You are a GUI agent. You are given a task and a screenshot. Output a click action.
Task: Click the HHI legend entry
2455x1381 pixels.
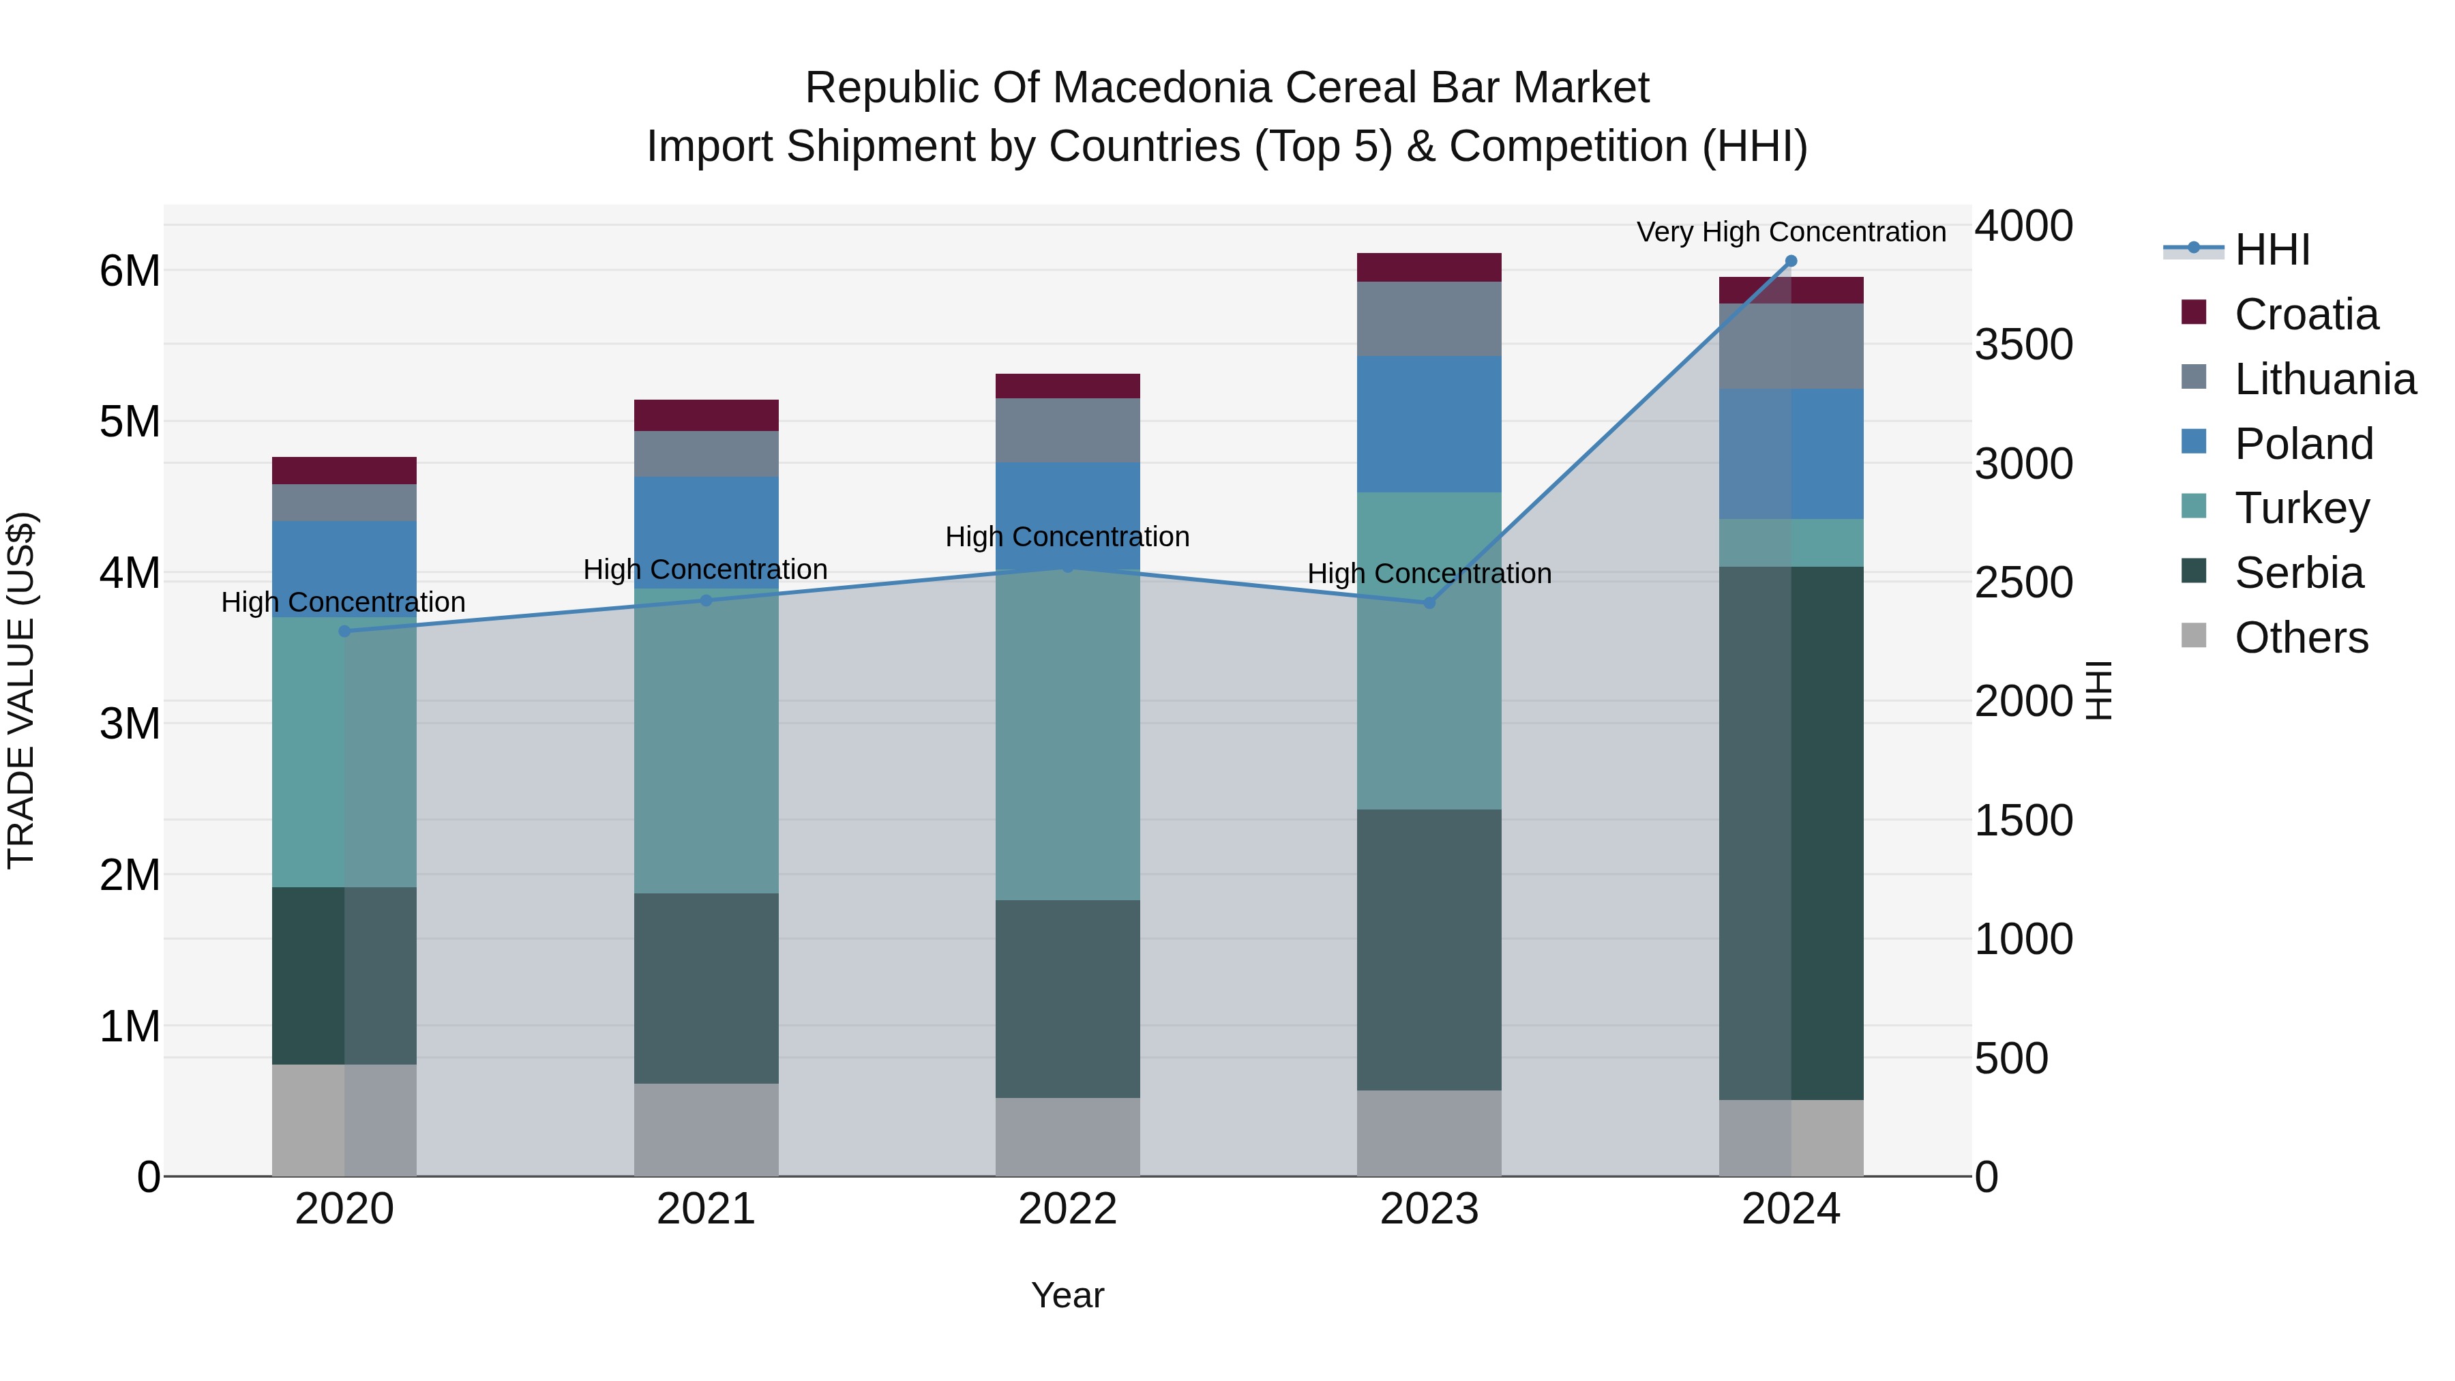point(2272,250)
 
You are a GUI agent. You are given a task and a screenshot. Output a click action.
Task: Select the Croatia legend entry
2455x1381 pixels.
point(2306,314)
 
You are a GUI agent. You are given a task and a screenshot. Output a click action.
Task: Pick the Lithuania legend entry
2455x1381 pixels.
point(2325,379)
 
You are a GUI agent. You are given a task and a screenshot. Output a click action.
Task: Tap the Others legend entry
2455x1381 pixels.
point(2301,638)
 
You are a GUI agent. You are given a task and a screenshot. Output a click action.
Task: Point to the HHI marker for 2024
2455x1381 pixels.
point(1791,261)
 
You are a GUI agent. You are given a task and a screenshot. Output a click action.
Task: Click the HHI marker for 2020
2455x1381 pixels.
point(344,631)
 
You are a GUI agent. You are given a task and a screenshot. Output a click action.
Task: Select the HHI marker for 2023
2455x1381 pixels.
point(1429,602)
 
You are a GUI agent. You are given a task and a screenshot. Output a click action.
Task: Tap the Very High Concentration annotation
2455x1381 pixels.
point(1791,232)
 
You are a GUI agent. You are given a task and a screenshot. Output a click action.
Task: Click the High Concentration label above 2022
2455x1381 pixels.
point(1067,537)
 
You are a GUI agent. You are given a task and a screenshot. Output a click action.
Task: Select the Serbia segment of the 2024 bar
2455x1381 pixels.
point(1791,832)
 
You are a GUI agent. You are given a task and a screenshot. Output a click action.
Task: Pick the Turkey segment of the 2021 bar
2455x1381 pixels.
point(706,741)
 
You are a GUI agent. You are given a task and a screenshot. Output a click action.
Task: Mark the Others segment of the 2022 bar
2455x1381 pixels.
point(1067,1136)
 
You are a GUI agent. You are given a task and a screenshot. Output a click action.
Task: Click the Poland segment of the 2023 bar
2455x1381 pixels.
point(1429,424)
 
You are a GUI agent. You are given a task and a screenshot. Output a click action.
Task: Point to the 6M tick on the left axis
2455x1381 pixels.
point(130,271)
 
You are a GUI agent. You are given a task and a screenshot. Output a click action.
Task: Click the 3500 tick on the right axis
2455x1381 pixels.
point(2023,344)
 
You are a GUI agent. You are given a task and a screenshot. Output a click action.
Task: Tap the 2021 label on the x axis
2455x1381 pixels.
point(706,1209)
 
